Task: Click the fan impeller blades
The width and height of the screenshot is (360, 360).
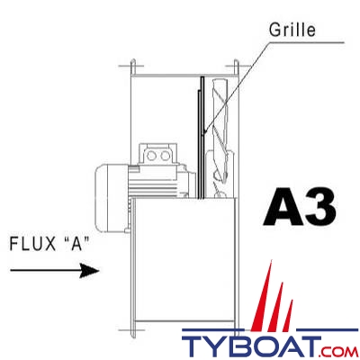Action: tap(221, 148)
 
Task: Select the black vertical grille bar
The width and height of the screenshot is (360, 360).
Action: tap(202, 135)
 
